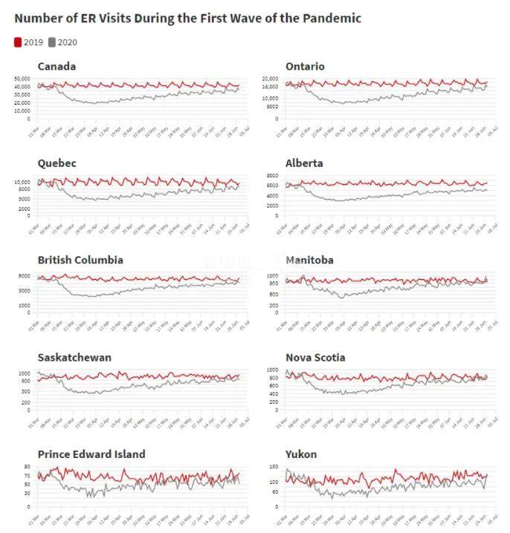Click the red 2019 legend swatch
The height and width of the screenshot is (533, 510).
click(19, 42)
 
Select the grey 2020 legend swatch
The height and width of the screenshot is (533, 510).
click(53, 42)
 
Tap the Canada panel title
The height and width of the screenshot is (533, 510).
click(57, 66)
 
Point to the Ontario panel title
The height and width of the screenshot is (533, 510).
click(305, 66)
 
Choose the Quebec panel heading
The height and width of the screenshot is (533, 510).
click(57, 163)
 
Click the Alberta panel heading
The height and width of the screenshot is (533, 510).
click(304, 163)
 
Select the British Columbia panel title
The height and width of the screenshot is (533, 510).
click(80, 260)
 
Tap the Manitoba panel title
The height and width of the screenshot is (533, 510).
click(309, 260)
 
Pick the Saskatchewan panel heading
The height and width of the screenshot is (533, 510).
click(74, 357)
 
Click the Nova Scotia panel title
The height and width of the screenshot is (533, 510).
click(315, 357)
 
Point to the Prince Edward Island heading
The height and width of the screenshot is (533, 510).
click(91, 454)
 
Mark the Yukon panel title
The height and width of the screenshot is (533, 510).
click(301, 454)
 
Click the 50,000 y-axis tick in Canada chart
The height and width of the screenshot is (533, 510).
click(23, 79)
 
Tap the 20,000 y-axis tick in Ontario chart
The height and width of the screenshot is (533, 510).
click(269, 79)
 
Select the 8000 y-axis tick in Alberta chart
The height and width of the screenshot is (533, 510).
click(272, 176)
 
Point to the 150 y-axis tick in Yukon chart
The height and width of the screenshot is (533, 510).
click(274, 467)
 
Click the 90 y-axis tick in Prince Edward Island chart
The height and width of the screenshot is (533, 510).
click(28, 467)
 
